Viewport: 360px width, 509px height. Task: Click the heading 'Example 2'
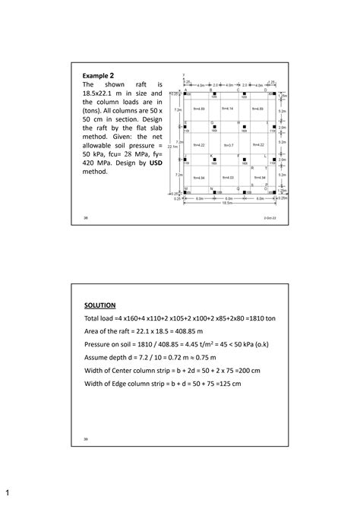(98, 76)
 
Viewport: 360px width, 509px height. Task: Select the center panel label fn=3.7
(228, 144)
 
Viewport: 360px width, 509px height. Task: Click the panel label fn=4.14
(228, 109)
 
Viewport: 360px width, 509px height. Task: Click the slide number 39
(87, 438)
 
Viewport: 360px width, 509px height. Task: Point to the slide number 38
(87, 217)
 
